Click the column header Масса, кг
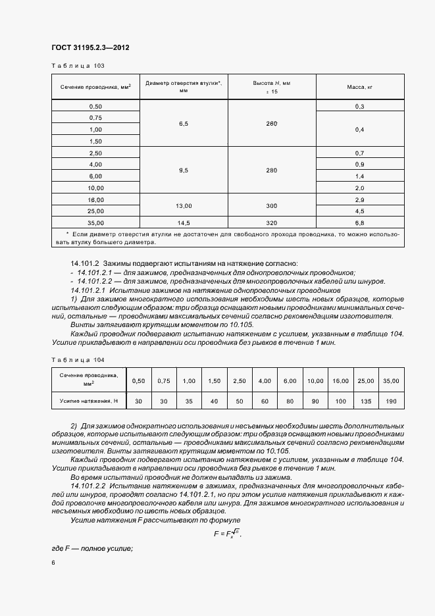360,87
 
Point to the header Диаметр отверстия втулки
184,87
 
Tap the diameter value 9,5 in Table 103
184,170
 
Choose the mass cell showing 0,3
360,107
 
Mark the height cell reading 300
272,205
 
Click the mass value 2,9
360,199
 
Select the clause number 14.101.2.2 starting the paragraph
90,485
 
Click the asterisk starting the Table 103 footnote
68,234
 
